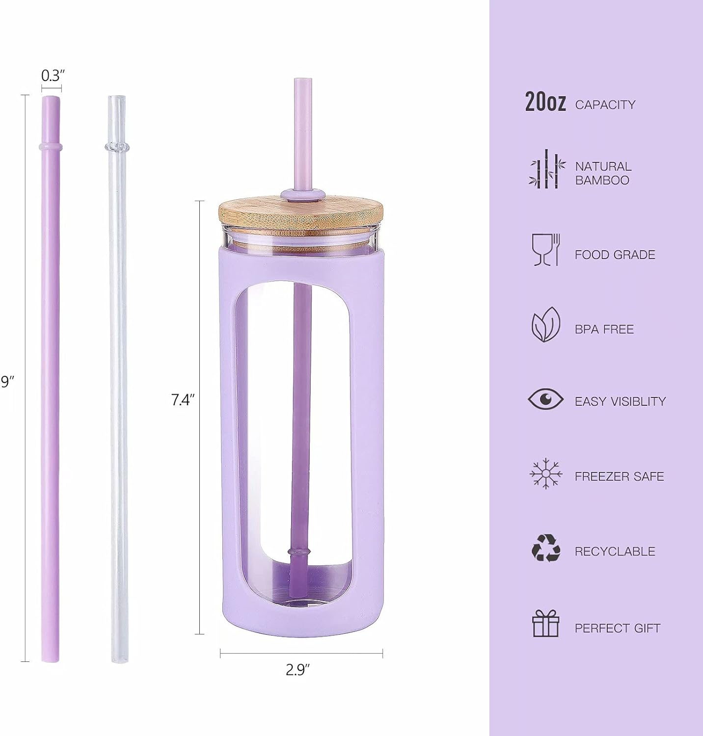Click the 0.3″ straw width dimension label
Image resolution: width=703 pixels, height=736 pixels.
[x=53, y=76]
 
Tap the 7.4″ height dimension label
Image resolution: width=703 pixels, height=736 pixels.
[x=183, y=400]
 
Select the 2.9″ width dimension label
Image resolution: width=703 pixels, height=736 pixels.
[x=298, y=670]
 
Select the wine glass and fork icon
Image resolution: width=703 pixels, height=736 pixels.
[x=546, y=250]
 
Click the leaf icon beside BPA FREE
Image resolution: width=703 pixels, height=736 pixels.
[x=545, y=325]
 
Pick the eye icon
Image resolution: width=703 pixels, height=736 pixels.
[x=545, y=399]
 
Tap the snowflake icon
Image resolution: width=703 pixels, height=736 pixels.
[x=545, y=474]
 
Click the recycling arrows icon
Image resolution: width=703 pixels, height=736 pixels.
[x=546, y=548]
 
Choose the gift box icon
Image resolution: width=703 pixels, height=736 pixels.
[x=546, y=623]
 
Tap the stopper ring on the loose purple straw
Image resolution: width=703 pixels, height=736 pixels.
[x=50, y=147]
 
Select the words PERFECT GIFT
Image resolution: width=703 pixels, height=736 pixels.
[x=617, y=628]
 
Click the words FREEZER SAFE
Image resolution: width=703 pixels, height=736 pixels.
[x=619, y=476]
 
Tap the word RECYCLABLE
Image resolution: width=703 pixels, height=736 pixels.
[x=615, y=552]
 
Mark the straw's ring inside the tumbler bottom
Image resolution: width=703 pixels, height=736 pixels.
[x=300, y=552]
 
